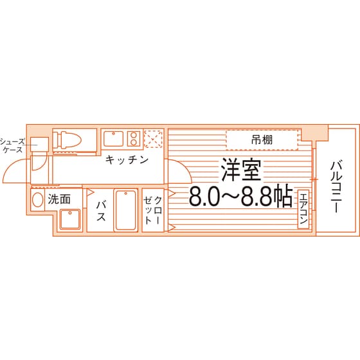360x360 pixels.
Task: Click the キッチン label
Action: (x=127, y=160)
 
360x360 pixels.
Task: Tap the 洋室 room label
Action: (x=241, y=170)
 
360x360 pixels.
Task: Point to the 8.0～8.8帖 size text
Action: (x=240, y=197)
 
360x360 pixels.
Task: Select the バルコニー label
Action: (x=336, y=187)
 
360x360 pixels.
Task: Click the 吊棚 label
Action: (x=262, y=140)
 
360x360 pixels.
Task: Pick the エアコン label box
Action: (x=303, y=209)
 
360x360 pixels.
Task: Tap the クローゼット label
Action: (x=153, y=210)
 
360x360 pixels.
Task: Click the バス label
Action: (x=101, y=211)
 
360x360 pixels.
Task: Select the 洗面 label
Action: (x=59, y=199)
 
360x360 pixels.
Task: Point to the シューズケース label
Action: (x=12, y=145)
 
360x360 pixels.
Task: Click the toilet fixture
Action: (x=67, y=140)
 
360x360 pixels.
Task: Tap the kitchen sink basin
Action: (x=113, y=139)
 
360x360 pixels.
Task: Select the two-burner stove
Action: (x=134, y=139)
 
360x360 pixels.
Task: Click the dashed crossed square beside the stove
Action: (x=154, y=139)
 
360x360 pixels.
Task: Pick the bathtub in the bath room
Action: (x=125, y=211)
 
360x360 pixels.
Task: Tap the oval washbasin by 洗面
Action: (x=37, y=200)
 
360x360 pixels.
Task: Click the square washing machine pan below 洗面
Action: (x=70, y=219)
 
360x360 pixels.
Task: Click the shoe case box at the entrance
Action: (x=39, y=145)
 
